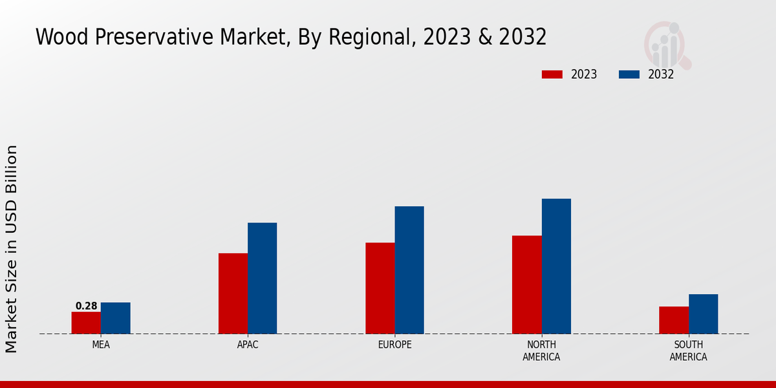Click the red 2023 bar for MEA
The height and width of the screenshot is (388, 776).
click(x=86, y=323)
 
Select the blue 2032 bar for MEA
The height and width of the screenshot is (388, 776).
click(x=115, y=318)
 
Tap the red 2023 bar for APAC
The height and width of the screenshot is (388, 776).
click(x=233, y=294)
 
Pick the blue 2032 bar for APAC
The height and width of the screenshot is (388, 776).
click(x=262, y=278)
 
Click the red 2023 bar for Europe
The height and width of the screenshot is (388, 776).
click(x=380, y=288)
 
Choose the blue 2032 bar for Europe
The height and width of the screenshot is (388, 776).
click(x=409, y=270)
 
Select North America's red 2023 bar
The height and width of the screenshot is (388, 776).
click(x=526, y=285)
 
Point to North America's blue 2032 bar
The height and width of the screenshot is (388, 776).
click(x=556, y=266)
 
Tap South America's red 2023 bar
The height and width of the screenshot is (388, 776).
click(x=674, y=320)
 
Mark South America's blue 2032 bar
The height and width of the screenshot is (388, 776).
click(x=703, y=314)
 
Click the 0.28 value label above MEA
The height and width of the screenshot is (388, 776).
click(x=86, y=306)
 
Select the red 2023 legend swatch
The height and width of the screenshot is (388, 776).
click(x=552, y=74)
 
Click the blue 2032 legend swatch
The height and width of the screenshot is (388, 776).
click(x=629, y=74)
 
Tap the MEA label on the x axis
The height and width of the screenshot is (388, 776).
click(x=101, y=345)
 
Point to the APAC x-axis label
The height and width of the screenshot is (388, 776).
click(x=248, y=345)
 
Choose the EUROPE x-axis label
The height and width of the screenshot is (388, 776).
click(x=394, y=345)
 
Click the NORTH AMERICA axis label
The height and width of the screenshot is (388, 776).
click(x=541, y=350)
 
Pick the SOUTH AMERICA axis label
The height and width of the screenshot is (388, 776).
click(x=688, y=350)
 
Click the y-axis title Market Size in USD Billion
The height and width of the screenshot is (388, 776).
click(x=12, y=249)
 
